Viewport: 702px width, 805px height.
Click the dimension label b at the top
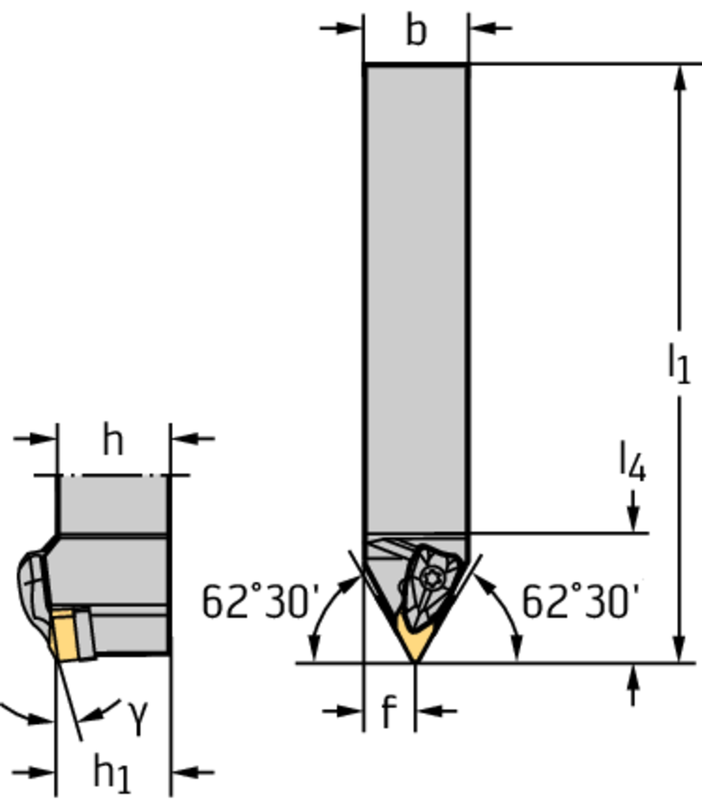(x=416, y=31)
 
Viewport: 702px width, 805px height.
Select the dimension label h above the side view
(x=113, y=440)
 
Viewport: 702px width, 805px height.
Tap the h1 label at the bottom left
(x=112, y=773)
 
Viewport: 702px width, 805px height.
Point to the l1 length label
(x=678, y=363)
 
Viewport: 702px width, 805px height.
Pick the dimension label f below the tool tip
(x=390, y=711)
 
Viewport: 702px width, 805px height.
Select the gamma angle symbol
(x=137, y=717)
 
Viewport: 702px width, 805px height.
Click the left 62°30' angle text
(x=261, y=601)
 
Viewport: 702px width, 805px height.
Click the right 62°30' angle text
(x=581, y=601)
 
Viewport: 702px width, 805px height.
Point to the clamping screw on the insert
(x=430, y=578)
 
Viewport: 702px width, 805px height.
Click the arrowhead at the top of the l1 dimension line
(x=680, y=78)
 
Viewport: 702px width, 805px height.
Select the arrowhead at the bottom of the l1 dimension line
(x=680, y=649)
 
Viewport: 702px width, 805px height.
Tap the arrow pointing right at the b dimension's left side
(x=341, y=28)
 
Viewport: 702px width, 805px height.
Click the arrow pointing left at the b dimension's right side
(x=491, y=28)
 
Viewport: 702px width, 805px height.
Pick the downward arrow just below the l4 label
(x=634, y=511)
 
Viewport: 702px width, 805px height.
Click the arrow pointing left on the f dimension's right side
(x=436, y=711)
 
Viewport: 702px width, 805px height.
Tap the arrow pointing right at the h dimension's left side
(x=35, y=439)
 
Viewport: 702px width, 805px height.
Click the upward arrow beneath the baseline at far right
(x=634, y=685)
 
